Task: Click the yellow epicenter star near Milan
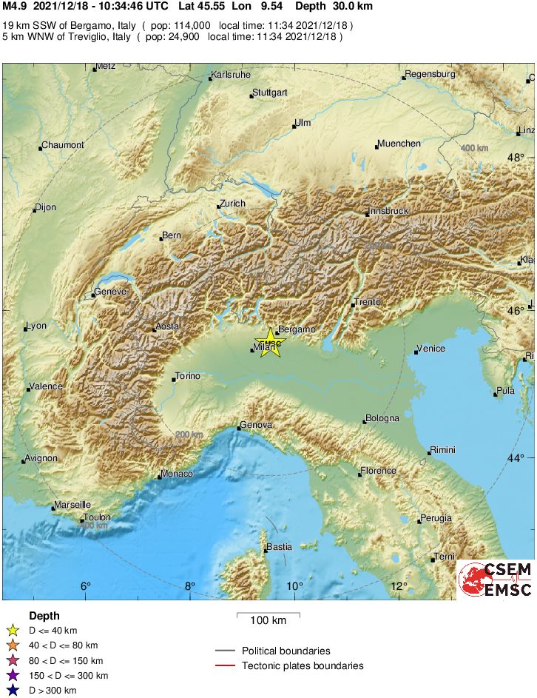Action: (x=271, y=343)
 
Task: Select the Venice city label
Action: (x=430, y=349)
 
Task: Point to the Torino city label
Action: (x=187, y=377)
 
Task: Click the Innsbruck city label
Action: (x=388, y=211)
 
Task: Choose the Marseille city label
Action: (x=72, y=506)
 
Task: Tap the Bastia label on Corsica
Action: (x=279, y=547)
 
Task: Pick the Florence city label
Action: (x=379, y=471)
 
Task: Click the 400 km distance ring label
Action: (x=474, y=149)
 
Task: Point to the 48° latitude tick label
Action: (x=516, y=157)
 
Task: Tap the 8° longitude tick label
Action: (x=190, y=586)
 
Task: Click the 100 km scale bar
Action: (x=268, y=614)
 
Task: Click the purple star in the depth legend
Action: (x=12, y=676)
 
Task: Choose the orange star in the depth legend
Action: (x=12, y=645)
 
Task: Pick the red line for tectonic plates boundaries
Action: (x=226, y=666)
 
